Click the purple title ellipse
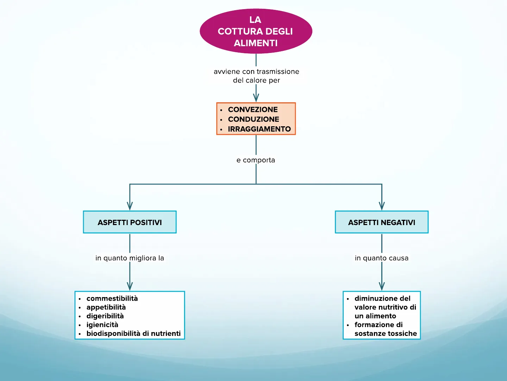pyautogui.click(x=256, y=31)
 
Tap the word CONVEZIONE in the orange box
pyautogui.click(x=253, y=109)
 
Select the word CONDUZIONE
pyautogui.click(x=254, y=119)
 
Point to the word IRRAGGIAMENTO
pyautogui.click(x=259, y=129)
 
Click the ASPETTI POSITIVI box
pyautogui.click(x=130, y=222)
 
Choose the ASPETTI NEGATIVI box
pyautogui.click(x=382, y=222)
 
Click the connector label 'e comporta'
pyautogui.click(x=256, y=160)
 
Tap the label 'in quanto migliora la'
pyautogui.click(x=130, y=258)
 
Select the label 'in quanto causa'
pyautogui.click(x=382, y=258)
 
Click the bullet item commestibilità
pyautogui.click(x=112, y=298)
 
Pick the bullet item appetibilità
pyautogui.click(x=106, y=307)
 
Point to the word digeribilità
pyautogui.click(x=105, y=316)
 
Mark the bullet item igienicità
pyautogui.click(x=102, y=325)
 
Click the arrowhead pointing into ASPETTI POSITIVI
pyautogui.click(x=130, y=206)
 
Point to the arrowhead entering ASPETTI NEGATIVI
pyautogui.click(x=382, y=206)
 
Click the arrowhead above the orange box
pyautogui.click(x=256, y=97)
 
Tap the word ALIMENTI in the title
pyautogui.click(x=256, y=43)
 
